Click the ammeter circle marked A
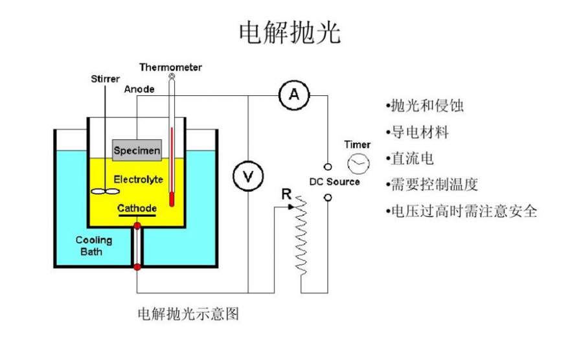pyautogui.click(x=294, y=95)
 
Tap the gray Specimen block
pyautogui.click(x=137, y=151)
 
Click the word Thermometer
pyautogui.click(x=170, y=67)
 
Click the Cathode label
pyautogui.click(x=137, y=208)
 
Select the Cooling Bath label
pyautogui.click(x=94, y=245)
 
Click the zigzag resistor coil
pyautogui.click(x=300, y=240)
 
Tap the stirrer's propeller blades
pyautogui.click(x=104, y=192)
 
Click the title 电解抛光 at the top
pyautogui.click(x=290, y=32)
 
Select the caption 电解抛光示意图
pyautogui.click(x=189, y=315)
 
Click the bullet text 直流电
pyautogui.click(x=411, y=159)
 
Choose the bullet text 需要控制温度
pyautogui.click(x=433, y=185)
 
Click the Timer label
pyautogui.click(x=358, y=144)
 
